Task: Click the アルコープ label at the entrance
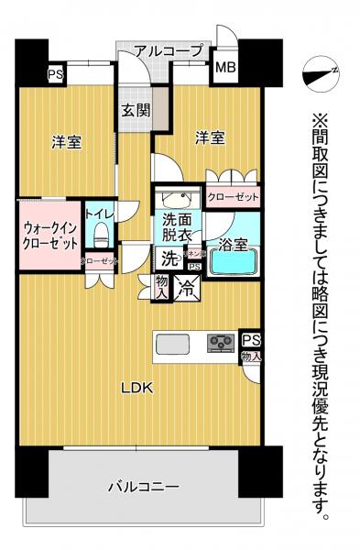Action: [169, 52]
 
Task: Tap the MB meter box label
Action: [223, 67]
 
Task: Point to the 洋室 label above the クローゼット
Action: [209, 138]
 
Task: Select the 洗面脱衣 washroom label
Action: [178, 227]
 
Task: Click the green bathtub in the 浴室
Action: [235, 263]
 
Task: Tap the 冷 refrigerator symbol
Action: [187, 288]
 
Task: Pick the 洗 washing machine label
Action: [160, 259]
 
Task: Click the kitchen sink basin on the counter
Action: [174, 344]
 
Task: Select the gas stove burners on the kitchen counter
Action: [222, 344]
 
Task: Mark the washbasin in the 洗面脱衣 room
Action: [174, 199]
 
